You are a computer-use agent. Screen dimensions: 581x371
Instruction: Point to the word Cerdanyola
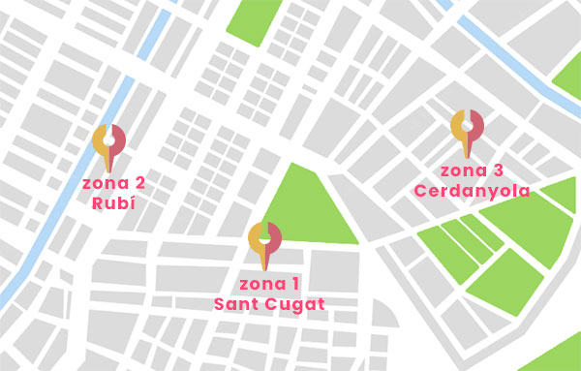[472, 191]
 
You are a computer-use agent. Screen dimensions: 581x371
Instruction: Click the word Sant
[236, 304]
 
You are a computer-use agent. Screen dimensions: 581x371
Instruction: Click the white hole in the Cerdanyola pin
[468, 123]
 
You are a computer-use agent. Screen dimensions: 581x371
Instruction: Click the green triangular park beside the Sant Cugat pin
[308, 208]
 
